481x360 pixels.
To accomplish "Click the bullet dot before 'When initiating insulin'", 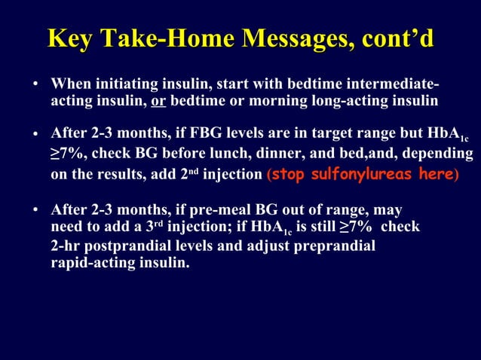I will tap(35, 84).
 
